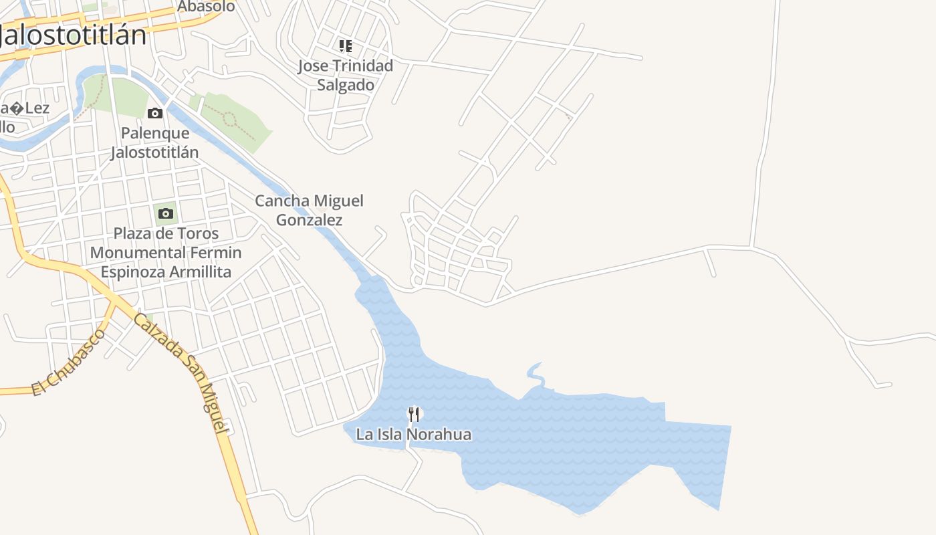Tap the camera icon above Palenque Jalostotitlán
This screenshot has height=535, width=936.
155,113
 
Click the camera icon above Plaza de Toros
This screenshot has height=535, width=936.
166,214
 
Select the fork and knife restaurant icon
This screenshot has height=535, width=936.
414,415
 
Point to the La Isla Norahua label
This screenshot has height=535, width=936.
413,435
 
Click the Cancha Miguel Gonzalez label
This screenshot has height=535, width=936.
309,210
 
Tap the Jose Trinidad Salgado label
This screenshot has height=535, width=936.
345,75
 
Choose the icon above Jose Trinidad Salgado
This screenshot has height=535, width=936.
345,46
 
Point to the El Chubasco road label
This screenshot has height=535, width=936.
68,362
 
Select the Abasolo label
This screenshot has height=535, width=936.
206,7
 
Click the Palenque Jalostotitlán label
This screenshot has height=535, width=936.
155,142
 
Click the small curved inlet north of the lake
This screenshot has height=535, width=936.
535,374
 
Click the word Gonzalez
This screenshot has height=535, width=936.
309,220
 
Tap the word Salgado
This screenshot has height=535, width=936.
345,85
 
